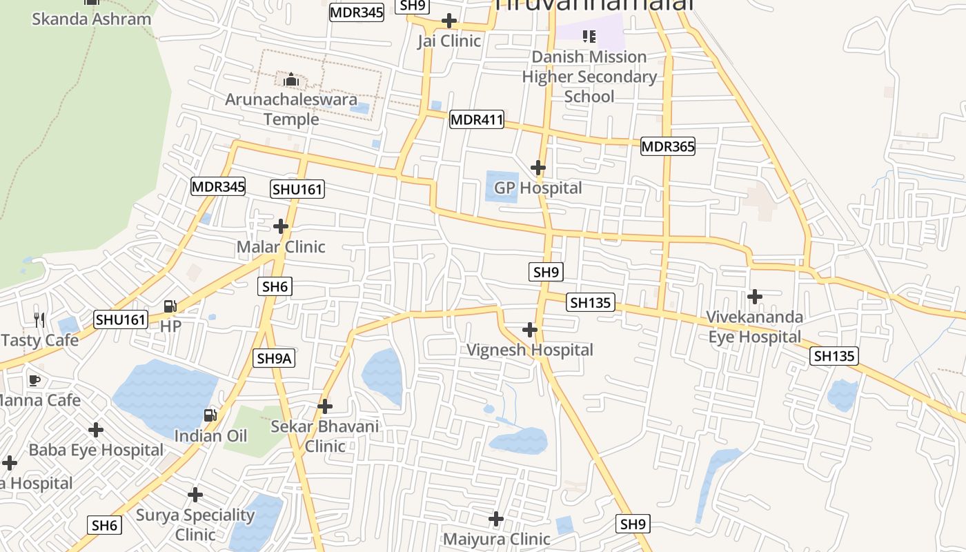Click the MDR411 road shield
click(476, 119)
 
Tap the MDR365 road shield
click(667, 146)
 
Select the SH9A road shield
click(275, 358)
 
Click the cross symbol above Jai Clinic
click(449, 21)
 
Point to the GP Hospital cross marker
click(538, 168)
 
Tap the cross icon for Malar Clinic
click(281, 226)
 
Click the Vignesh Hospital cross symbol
click(530, 330)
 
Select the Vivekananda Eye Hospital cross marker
click(755, 297)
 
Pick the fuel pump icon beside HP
click(170, 306)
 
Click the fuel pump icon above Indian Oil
click(210, 415)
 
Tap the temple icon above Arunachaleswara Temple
click(291, 80)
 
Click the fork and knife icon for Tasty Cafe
click(39, 319)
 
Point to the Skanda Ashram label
click(91, 19)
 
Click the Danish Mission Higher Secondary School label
click(589, 76)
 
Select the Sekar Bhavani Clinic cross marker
click(325, 406)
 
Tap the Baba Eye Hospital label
click(96, 450)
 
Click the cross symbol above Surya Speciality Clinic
click(195, 495)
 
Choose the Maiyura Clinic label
click(496, 539)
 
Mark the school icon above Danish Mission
click(589, 36)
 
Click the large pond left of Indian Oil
click(162, 397)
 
